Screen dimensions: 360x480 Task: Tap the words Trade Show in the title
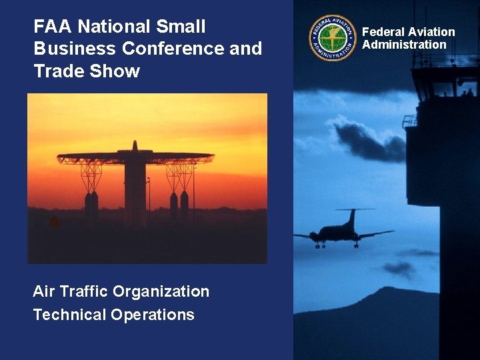pyautogui.click(x=87, y=71)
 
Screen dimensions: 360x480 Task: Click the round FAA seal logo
pyautogui.click(x=332, y=37)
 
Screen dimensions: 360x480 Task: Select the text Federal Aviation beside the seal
pyautogui.click(x=408, y=32)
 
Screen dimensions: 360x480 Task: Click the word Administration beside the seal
pyautogui.click(x=404, y=45)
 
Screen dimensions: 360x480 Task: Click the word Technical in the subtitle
pyautogui.click(x=69, y=315)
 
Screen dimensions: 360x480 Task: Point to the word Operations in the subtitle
pyautogui.click(x=153, y=315)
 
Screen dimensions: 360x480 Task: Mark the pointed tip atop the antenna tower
pyautogui.click(x=135, y=144)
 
